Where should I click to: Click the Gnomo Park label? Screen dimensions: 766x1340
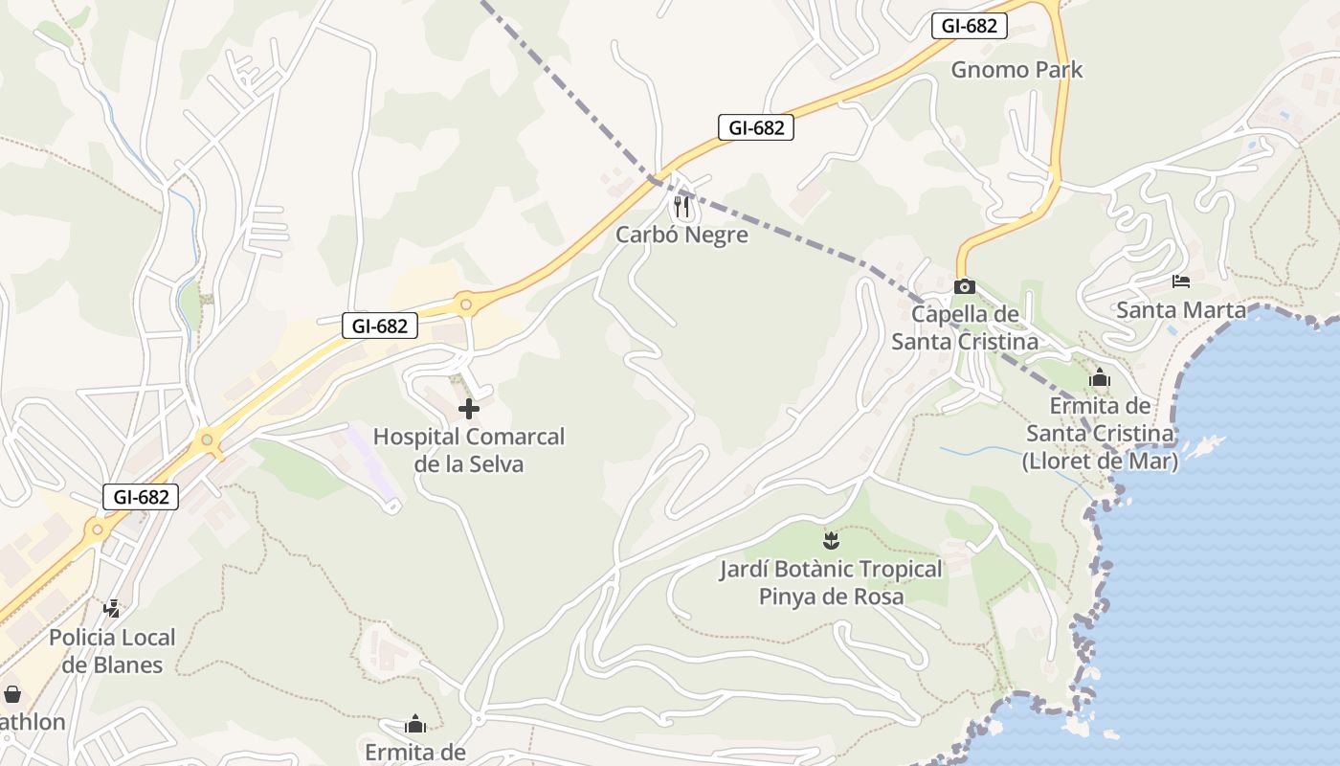click(1016, 70)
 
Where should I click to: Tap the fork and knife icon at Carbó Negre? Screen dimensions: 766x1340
click(681, 206)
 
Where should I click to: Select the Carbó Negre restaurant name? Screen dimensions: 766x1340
click(681, 235)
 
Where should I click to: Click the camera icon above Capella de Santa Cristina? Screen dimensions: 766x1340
click(965, 286)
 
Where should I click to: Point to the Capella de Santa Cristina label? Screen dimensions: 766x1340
click(965, 327)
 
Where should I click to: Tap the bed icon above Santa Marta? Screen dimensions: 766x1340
click(1181, 282)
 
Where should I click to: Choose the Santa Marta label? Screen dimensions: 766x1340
click(1181, 310)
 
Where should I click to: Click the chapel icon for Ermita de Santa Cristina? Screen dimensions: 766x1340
click(1100, 378)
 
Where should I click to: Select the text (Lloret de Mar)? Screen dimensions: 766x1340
click(1100, 461)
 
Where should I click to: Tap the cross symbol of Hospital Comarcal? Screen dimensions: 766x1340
click(469, 409)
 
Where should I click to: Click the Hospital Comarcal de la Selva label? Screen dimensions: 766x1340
click(469, 450)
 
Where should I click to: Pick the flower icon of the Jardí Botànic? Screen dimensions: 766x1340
click(831, 541)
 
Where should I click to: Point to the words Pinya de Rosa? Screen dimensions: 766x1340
click(831, 597)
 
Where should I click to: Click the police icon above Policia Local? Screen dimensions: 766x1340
click(112, 608)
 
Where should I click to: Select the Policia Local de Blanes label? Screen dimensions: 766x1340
click(112, 651)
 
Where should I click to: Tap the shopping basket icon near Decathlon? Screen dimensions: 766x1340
click(12, 694)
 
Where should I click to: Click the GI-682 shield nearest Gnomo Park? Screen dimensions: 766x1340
click(969, 26)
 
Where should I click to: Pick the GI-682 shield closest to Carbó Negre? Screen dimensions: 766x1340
click(756, 127)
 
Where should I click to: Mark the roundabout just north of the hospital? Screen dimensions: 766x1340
click(466, 305)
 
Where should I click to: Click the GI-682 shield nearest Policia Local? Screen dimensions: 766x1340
click(141, 497)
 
